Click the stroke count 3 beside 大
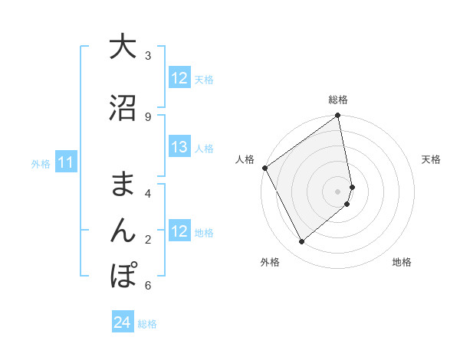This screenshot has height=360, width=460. pyautogui.click(x=148, y=56)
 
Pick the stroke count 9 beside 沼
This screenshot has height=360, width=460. pyautogui.click(x=148, y=116)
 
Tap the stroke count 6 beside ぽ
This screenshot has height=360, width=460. pyautogui.click(x=148, y=286)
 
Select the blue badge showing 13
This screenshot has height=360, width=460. pyautogui.click(x=179, y=147)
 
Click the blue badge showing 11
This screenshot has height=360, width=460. pyautogui.click(x=65, y=162)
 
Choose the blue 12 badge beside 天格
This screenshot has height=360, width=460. pyautogui.click(x=179, y=78)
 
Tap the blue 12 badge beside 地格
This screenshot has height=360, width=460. pyautogui.click(x=179, y=231)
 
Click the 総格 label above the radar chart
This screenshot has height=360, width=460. pyautogui.click(x=338, y=100)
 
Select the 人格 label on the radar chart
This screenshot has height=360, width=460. pyautogui.click(x=245, y=159)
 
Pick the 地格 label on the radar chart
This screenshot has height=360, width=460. pyautogui.click(x=402, y=262)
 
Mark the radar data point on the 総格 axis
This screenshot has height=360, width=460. pyautogui.click(x=337, y=116)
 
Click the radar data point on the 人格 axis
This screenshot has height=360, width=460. pyautogui.click(x=264, y=168)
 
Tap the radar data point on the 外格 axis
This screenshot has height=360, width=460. pyautogui.click(x=301, y=241)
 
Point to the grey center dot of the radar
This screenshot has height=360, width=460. pyautogui.click(x=338, y=191)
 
